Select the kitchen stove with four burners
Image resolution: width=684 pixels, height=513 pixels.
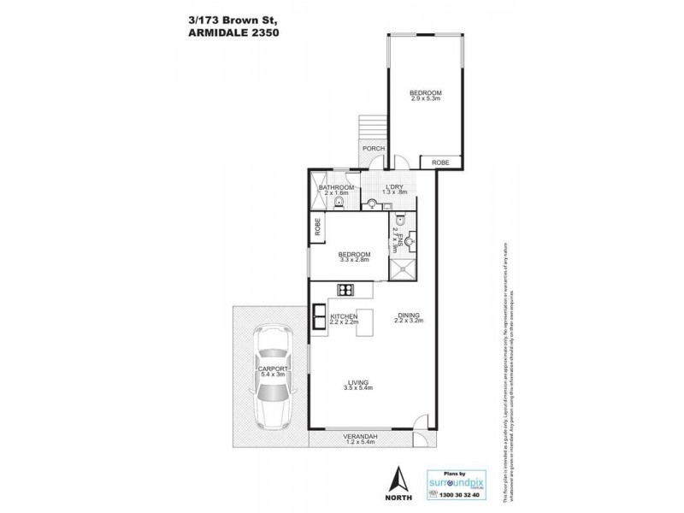346,290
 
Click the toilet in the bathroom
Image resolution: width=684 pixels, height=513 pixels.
339,203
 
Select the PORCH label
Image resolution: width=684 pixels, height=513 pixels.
372,149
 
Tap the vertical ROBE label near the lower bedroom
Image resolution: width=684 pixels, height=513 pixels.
318,228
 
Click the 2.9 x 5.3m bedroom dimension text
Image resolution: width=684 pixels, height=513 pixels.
424,99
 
